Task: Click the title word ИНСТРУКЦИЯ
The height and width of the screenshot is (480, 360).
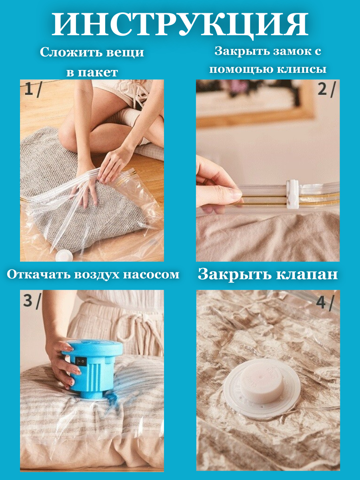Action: (180, 24)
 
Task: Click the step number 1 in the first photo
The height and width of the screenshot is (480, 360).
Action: (29, 89)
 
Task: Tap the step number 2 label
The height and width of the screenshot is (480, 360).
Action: (322, 89)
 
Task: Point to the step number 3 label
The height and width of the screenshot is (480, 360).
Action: (28, 300)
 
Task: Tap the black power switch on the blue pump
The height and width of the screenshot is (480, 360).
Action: (80, 361)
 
